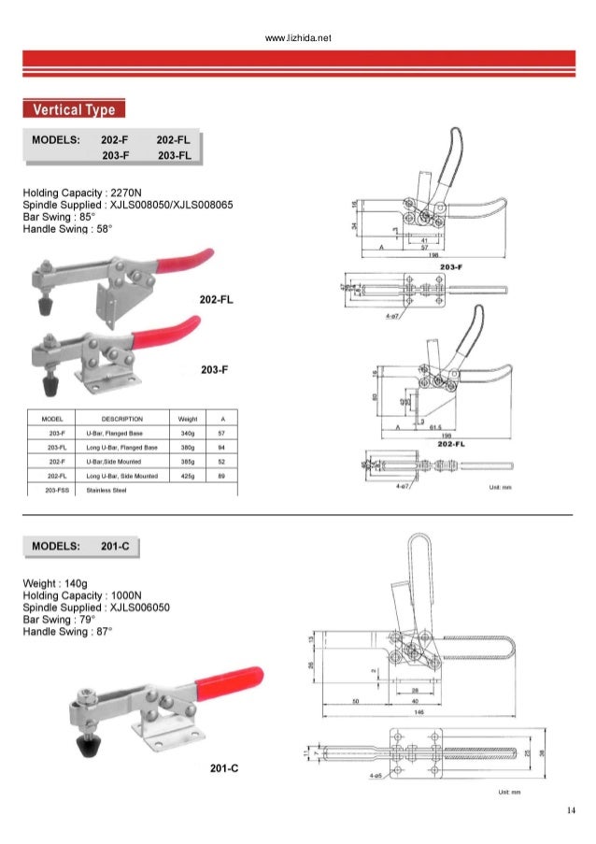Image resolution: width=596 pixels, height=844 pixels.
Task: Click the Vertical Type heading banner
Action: pyautogui.click(x=74, y=109)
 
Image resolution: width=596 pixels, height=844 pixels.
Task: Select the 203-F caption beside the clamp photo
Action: pyautogui.click(x=216, y=371)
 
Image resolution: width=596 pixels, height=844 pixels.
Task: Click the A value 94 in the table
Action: pyautogui.click(x=220, y=448)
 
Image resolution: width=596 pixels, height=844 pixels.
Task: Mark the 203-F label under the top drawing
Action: pyautogui.click(x=451, y=267)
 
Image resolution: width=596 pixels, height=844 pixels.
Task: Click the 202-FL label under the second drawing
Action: pyautogui.click(x=451, y=443)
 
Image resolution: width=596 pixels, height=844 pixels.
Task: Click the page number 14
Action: pyautogui.click(x=571, y=809)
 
